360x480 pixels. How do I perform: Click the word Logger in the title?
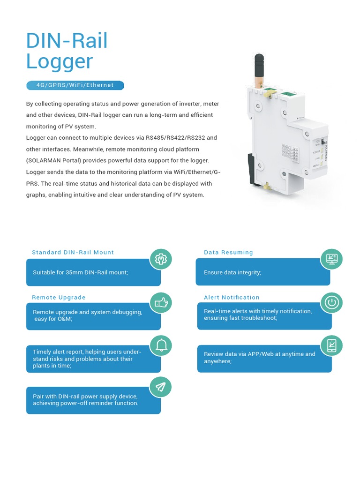pos(60,61)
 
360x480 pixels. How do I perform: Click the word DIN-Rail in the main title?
pos(67,41)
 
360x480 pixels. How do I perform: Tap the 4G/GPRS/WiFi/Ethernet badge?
pos(75,85)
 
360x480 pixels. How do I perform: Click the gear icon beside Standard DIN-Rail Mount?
pos(161,259)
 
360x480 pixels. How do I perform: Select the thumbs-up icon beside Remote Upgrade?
pos(161,303)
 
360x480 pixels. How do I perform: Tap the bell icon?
pos(161,345)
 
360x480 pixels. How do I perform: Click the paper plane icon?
pos(161,387)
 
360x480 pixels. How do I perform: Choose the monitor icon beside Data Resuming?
pos(332,259)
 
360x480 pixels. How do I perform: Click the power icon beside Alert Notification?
pos(332,303)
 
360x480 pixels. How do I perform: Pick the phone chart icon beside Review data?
pos(332,345)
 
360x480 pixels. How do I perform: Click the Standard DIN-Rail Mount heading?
pos(73,252)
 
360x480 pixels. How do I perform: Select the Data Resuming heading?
pos(228,252)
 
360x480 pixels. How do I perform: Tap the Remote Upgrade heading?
pos(59,297)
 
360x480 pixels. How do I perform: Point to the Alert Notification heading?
pos(232,297)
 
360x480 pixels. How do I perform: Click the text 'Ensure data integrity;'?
pos(232,272)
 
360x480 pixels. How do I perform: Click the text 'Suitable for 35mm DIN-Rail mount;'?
pos(80,272)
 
